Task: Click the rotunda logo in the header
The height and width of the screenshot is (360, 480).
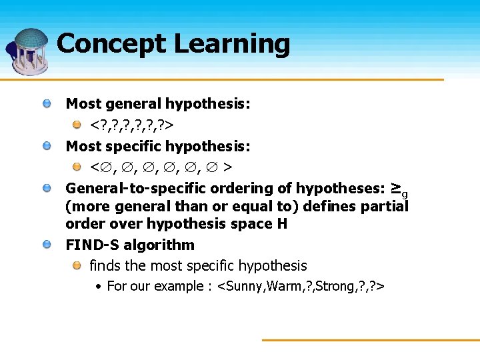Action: (x=28, y=50)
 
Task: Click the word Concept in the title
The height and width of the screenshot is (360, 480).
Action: (x=111, y=44)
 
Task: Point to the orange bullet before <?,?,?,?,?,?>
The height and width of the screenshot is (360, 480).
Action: (x=77, y=125)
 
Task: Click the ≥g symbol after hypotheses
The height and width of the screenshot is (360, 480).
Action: (x=399, y=189)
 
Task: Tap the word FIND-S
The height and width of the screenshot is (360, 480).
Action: (x=91, y=245)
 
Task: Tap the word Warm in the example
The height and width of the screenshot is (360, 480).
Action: (x=283, y=286)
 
